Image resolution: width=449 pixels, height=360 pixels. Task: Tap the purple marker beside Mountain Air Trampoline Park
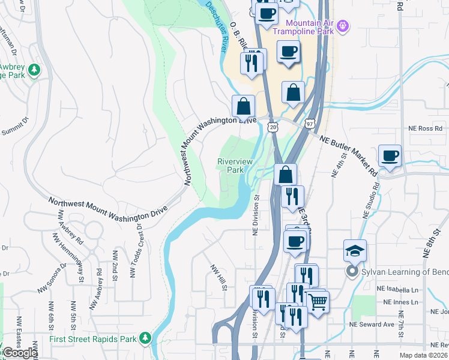(x=343, y=26)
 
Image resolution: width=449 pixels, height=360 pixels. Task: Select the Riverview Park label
(x=235, y=166)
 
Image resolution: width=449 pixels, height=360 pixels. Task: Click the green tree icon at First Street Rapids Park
(x=145, y=339)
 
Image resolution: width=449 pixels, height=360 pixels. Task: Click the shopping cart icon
(x=316, y=301)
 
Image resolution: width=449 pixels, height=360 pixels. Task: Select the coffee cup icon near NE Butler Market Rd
(x=390, y=156)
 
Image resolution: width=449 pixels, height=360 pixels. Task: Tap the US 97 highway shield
(x=310, y=123)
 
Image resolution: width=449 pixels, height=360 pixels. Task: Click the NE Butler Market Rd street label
(x=349, y=155)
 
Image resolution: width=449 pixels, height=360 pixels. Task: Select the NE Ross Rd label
(x=426, y=128)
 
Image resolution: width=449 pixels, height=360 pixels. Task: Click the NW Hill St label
(x=217, y=277)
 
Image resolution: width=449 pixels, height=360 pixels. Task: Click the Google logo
(x=19, y=353)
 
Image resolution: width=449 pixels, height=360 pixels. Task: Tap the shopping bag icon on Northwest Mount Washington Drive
(x=243, y=106)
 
